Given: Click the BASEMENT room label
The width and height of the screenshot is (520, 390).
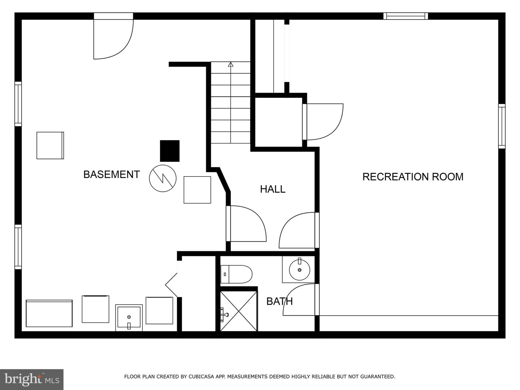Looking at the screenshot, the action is click(112, 174).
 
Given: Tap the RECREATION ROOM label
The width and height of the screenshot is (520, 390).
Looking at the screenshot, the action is click(413, 177).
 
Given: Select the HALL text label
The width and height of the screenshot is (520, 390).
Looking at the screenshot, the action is click(273, 189).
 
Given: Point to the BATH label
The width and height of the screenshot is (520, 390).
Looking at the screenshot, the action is click(279, 302).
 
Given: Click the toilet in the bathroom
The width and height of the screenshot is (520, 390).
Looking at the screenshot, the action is click(236, 274).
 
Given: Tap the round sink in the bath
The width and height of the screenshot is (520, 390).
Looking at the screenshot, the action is click(299, 270).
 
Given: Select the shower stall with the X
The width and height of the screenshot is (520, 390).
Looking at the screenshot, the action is click(239, 311).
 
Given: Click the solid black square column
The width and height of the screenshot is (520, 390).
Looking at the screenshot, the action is click(170, 151).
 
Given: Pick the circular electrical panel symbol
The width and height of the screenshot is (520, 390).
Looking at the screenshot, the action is click(163, 178).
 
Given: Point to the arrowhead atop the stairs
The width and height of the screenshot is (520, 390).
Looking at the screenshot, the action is click(230, 64).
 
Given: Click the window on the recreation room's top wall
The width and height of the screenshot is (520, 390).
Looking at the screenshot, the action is click(406, 16).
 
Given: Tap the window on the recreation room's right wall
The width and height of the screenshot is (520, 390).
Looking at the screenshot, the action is click(502, 126).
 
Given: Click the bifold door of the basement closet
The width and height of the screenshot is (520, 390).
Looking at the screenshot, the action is click(172, 285).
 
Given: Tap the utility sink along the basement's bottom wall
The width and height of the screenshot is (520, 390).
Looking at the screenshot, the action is click(129, 318).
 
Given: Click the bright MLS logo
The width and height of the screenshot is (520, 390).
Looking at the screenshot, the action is click(32, 380).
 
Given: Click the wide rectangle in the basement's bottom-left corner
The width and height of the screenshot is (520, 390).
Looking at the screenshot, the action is click(49, 313).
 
